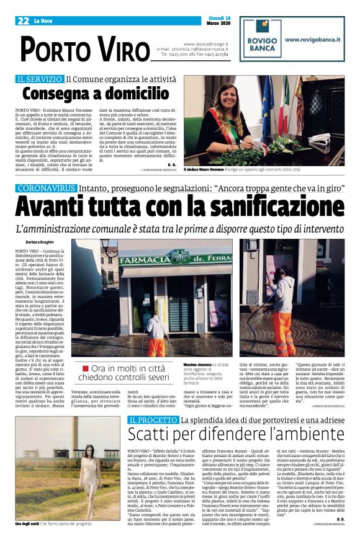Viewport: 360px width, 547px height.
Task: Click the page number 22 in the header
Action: coord(24,20)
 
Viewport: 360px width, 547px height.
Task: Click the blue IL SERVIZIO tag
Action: coord(40,79)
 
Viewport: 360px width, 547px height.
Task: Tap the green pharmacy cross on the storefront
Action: coord(181,256)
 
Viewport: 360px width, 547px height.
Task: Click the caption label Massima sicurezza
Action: coord(196,363)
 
